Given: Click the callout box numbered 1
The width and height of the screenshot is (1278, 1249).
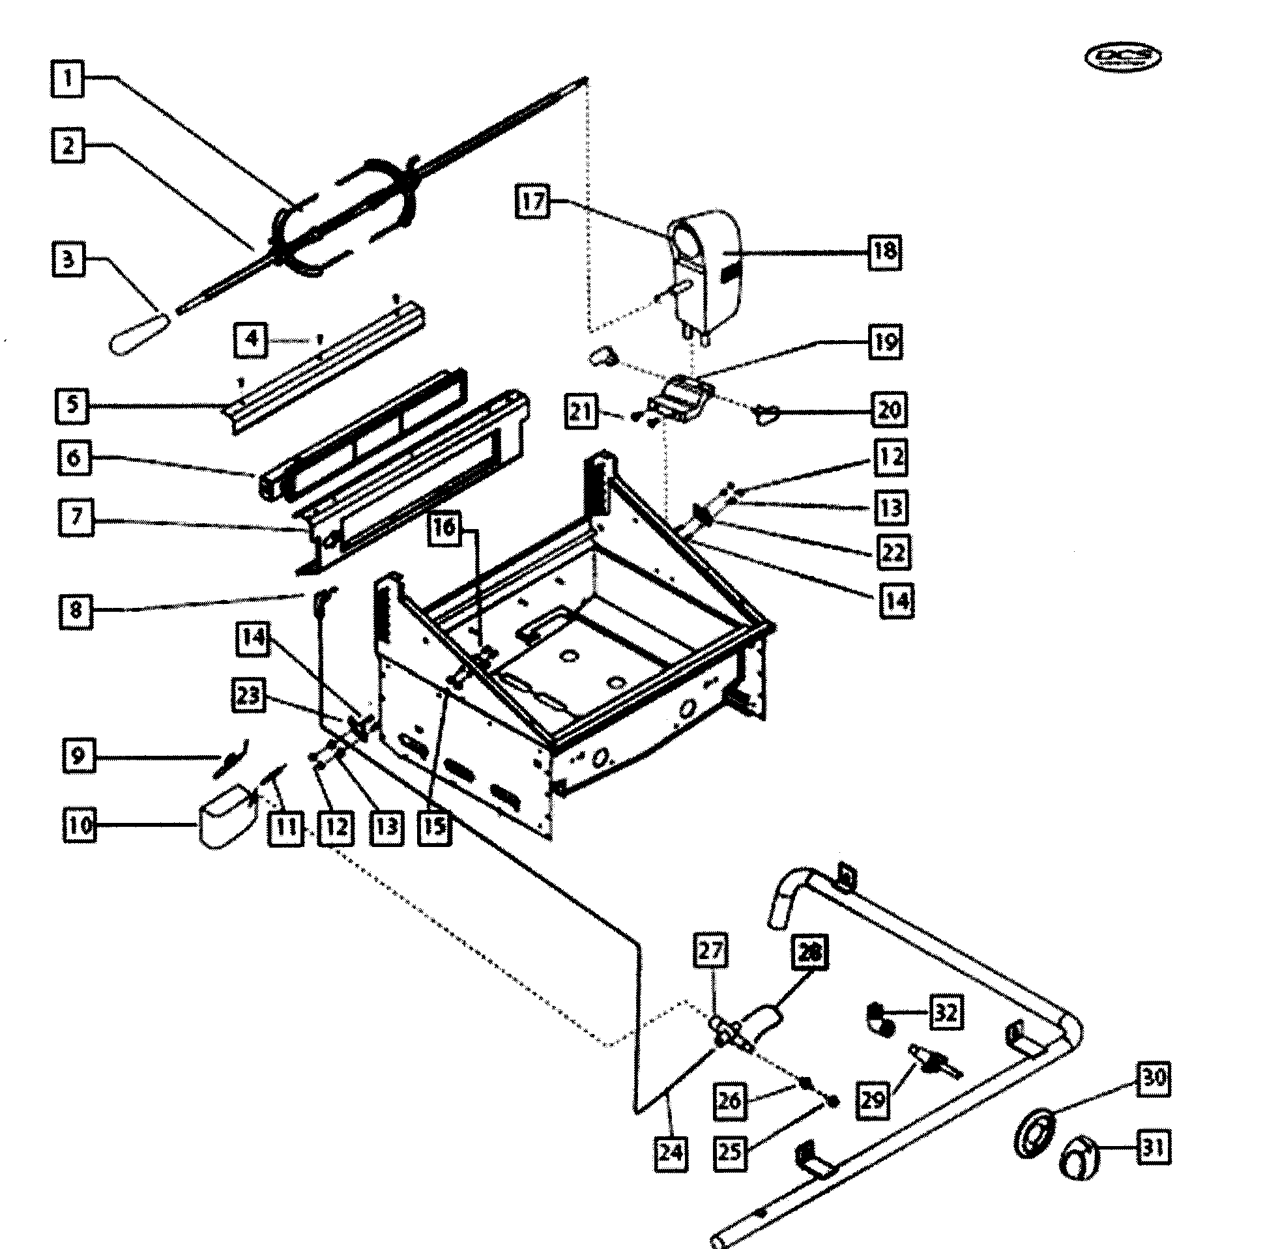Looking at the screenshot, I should [68, 79].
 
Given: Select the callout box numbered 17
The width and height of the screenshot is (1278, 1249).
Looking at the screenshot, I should [532, 201].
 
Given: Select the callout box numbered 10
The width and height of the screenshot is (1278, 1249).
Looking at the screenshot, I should [80, 825].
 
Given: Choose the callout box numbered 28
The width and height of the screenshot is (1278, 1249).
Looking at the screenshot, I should [809, 951].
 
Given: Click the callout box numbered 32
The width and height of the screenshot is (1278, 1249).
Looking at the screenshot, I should [946, 1012].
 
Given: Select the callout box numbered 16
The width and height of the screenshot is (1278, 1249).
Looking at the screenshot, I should [445, 527].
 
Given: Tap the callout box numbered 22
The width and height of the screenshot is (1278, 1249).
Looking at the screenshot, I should [893, 552].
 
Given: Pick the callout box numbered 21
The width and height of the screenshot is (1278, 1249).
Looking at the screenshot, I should [581, 412].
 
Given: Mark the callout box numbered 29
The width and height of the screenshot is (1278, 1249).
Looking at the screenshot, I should [873, 1100].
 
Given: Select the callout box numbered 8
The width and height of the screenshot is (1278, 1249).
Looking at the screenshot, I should [76, 610].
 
